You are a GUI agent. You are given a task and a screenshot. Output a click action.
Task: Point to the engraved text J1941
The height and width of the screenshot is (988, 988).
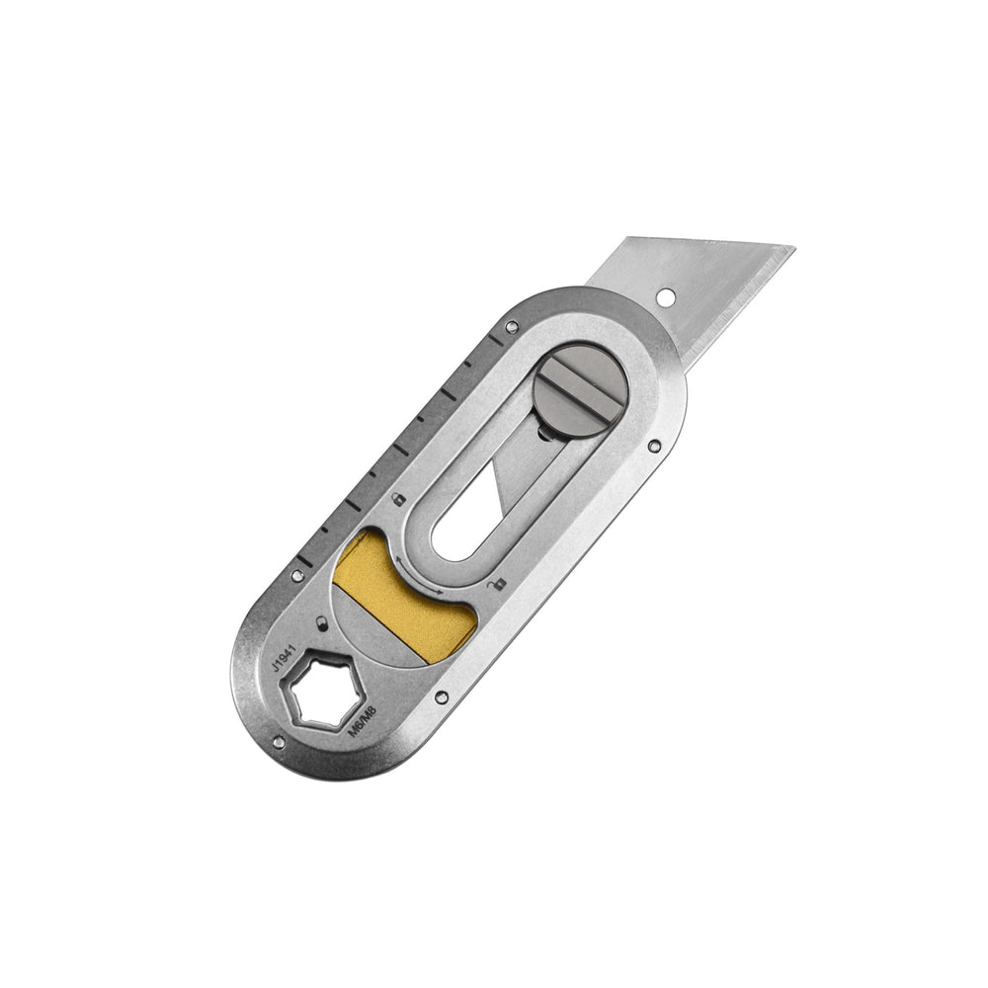(x=284, y=656)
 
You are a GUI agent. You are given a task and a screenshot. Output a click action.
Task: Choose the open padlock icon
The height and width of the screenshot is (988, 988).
(x=496, y=585)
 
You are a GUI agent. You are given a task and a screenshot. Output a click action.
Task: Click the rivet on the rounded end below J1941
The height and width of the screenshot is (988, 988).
(x=280, y=740)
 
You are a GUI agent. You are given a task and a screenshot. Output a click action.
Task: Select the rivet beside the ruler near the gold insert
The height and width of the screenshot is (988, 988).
(x=296, y=571)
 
